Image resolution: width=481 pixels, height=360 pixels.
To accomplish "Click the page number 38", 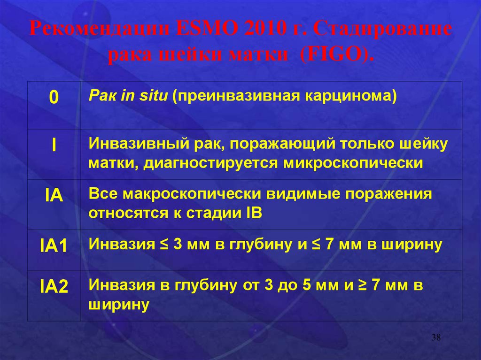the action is (436, 337).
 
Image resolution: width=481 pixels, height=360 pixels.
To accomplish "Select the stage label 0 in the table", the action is (54, 97).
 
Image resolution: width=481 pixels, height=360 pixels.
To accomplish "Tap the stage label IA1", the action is (54, 246).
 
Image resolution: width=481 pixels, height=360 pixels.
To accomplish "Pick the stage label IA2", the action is (54, 287).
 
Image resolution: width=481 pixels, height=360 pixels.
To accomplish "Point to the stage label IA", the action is (54, 196).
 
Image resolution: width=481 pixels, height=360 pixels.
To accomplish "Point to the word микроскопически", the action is (353, 163).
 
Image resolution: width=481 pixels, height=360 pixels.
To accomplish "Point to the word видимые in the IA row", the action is (303, 194).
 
